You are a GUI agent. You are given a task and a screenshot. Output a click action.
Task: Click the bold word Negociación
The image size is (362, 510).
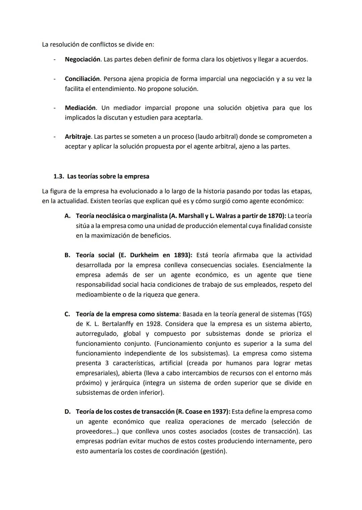point(82,59)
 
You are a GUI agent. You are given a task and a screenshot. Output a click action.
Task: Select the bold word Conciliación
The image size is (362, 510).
point(82,79)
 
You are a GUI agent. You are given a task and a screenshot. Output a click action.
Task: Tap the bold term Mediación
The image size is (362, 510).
point(80,108)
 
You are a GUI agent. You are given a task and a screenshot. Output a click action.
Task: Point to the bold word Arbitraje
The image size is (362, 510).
point(78,137)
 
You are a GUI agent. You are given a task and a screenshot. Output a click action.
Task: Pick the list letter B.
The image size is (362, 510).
point(67,255)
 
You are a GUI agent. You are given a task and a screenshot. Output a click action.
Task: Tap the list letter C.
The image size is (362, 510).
point(67,314)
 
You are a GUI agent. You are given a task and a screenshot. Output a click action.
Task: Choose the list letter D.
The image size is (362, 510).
point(67,412)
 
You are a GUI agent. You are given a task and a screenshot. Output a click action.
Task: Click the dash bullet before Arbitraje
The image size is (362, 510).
point(54,137)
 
